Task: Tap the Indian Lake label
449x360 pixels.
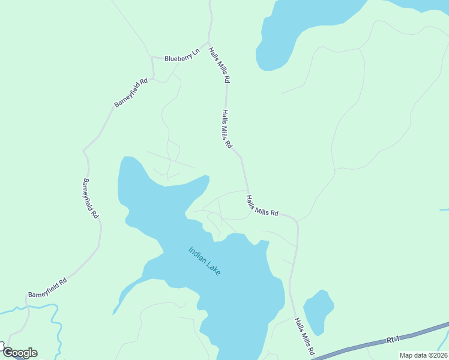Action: click(205, 261)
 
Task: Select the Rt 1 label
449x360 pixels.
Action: click(393, 340)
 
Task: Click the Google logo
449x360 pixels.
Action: click(20, 353)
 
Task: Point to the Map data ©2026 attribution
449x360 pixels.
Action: click(423, 355)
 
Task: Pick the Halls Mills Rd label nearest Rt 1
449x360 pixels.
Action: click(304, 337)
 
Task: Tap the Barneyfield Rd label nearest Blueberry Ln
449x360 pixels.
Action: click(131, 93)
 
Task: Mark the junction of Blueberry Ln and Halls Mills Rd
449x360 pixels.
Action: click(208, 43)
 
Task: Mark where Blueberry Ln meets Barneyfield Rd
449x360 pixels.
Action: click(153, 59)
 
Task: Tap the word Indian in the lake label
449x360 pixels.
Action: click(197, 254)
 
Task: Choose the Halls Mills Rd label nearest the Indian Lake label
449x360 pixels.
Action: click(263, 205)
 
